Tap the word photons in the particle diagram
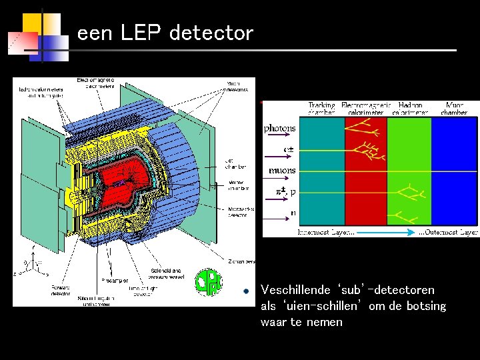click(279, 128)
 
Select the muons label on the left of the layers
click(282, 171)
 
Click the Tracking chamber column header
click(321, 109)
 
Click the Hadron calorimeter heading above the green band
click(409, 109)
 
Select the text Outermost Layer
click(448, 233)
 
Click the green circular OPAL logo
click(208, 282)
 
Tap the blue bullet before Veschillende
click(246, 291)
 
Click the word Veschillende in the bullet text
click(295, 290)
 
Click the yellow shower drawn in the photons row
click(365, 133)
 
